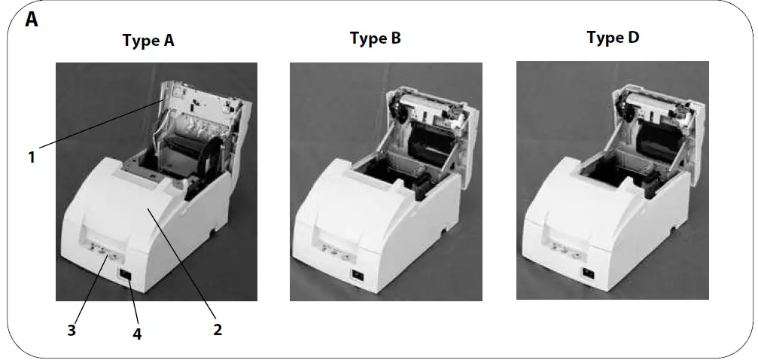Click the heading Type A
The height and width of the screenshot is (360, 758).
(148, 41)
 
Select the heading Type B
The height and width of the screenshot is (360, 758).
(375, 38)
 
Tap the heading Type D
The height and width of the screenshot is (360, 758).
(613, 38)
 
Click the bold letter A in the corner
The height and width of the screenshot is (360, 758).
(32, 20)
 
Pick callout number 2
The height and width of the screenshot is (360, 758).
(217, 328)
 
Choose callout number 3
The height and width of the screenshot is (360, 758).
(71, 330)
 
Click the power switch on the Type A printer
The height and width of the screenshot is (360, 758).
(126, 276)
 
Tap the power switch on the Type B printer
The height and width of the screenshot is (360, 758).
(358, 274)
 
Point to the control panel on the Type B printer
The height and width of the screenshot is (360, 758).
(333, 252)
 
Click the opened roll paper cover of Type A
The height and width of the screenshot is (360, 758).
(197, 113)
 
